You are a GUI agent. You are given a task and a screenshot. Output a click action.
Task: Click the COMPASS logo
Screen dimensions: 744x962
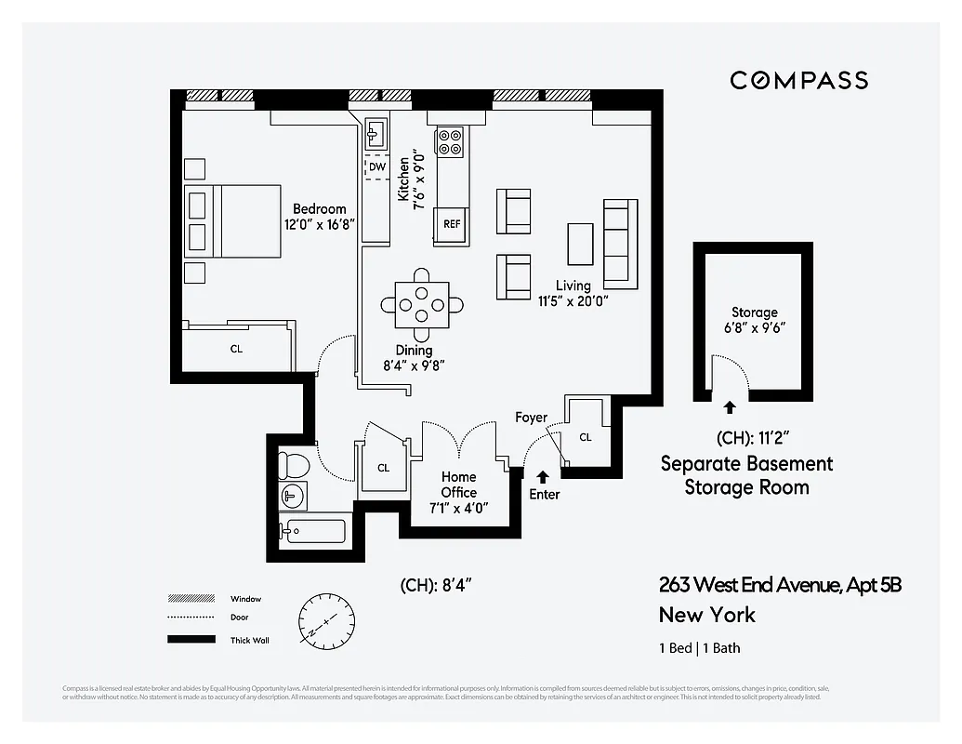click(798, 80)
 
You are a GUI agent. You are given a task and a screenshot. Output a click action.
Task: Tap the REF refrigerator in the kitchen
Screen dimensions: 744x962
click(452, 224)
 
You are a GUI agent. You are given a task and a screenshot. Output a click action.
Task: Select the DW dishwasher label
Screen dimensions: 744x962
click(376, 167)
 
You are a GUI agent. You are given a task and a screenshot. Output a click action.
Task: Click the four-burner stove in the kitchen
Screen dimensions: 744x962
click(451, 140)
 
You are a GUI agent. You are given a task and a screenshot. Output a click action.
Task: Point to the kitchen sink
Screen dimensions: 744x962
click(376, 134)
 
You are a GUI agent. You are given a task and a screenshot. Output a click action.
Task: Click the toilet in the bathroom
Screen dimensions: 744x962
click(293, 462)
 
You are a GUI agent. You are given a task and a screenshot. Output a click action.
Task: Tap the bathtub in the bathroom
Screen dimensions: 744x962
click(313, 532)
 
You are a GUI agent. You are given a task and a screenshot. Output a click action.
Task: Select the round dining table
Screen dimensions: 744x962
click(422, 304)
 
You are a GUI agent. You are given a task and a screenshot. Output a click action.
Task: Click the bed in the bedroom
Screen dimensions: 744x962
click(232, 220)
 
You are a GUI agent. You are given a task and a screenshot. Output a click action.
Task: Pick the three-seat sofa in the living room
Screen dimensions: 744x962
click(617, 243)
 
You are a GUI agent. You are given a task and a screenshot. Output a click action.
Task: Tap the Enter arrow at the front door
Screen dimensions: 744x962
click(543, 477)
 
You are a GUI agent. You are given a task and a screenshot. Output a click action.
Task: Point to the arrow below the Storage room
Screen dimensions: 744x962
click(729, 407)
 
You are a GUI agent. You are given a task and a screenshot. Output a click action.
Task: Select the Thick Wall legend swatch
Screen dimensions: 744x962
click(185, 640)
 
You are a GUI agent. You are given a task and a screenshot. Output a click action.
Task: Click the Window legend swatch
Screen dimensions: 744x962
click(185, 599)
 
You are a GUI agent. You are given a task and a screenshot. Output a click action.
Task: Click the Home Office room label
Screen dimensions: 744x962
click(459, 485)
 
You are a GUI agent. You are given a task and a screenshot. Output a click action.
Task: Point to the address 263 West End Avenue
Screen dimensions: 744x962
click(780, 585)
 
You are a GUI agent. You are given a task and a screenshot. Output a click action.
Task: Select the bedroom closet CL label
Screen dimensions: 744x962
click(237, 349)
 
